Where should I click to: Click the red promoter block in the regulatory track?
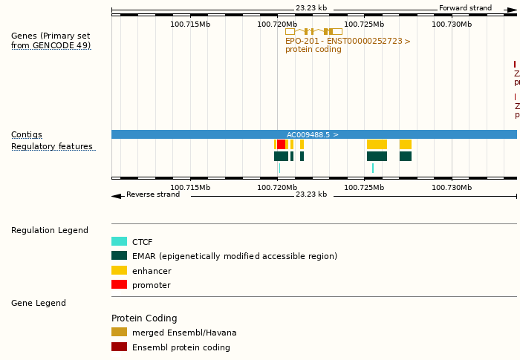click(x=281, y=144)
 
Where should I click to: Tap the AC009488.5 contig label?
click(x=312, y=135)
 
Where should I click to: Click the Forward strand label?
click(x=465, y=8)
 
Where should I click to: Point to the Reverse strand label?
click(x=152, y=194)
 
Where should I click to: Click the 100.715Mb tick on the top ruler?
click(x=190, y=24)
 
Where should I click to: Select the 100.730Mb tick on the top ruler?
click(x=452, y=24)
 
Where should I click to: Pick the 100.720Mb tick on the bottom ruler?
click(x=277, y=188)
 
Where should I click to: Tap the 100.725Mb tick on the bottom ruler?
click(x=364, y=188)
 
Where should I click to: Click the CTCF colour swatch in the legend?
click(x=119, y=242)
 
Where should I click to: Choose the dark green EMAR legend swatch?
click(x=119, y=256)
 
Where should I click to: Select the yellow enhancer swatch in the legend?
click(x=119, y=271)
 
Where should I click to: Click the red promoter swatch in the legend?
click(x=119, y=285)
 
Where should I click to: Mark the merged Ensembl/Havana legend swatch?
click(x=119, y=333)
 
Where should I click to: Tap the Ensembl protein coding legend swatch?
click(x=119, y=347)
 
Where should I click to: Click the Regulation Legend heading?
click(x=50, y=231)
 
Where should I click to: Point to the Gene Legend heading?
click(x=39, y=304)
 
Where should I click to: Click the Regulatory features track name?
click(x=52, y=147)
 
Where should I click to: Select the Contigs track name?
click(x=27, y=135)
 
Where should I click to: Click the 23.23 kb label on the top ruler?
click(x=311, y=8)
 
